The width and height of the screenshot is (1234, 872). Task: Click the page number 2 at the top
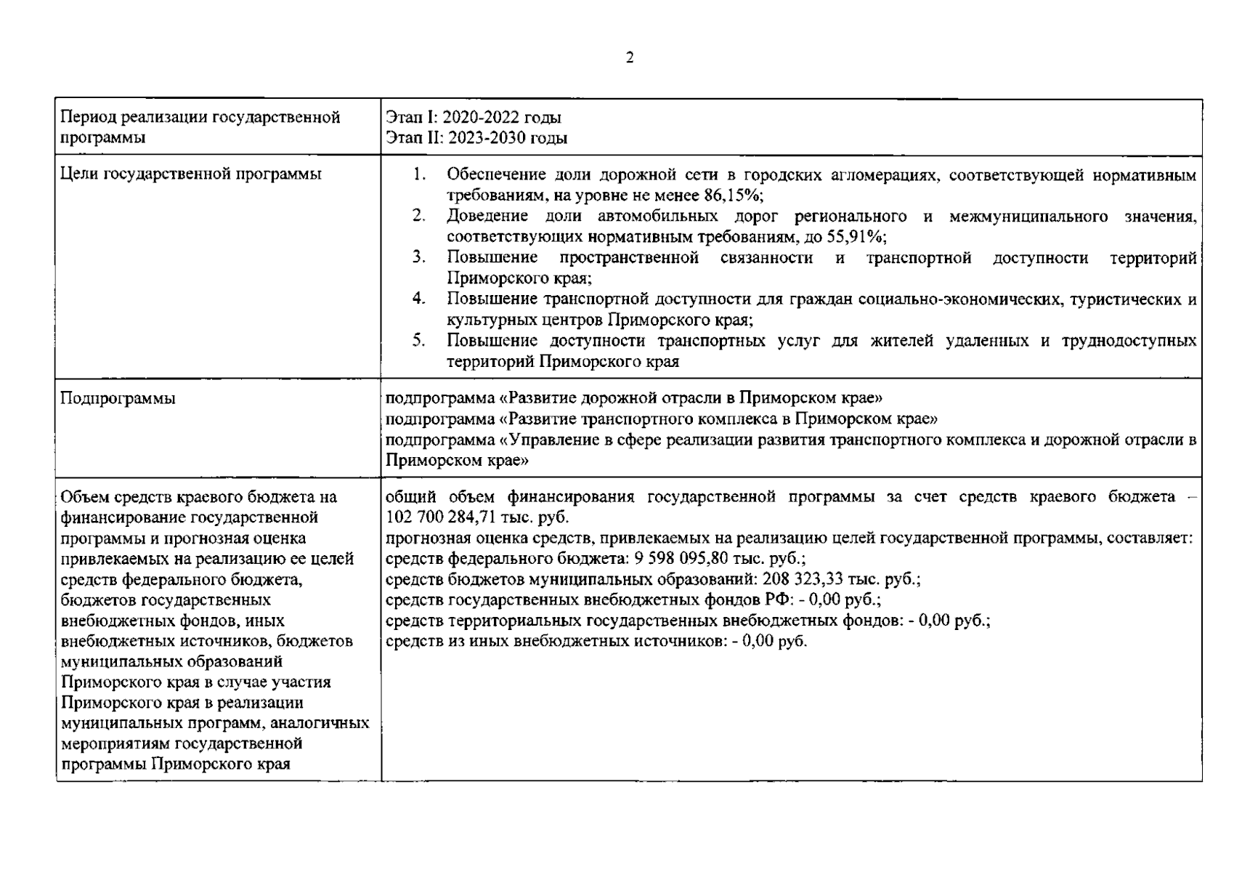[x=629, y=58]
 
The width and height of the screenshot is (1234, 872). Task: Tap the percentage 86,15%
[x=732, y=195]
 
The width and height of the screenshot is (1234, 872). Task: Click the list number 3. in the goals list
[x=418, y=257]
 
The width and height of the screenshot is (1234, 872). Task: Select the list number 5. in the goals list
[x=418, y=340]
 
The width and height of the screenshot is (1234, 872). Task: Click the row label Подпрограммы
[x=118, y=399]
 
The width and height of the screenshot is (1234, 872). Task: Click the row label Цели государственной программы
[x=191, y=174]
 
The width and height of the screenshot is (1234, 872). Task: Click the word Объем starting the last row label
[x=83, y=497]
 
